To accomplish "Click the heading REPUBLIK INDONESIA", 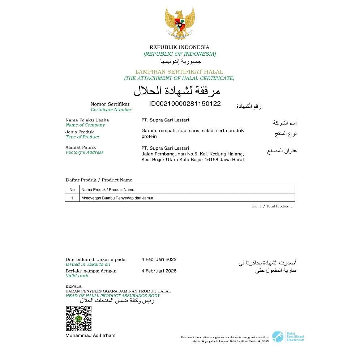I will point(179,47).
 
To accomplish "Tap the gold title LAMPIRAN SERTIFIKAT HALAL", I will point(179,72).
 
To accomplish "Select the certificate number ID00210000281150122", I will point(185,104).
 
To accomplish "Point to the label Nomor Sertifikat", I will point(110,104).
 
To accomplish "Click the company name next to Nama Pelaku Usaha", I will point(165,120).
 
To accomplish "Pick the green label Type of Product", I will point(82,137).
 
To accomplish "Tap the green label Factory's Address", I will point(85,153).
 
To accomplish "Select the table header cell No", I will point(72,189).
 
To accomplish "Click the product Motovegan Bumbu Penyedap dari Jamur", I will point(117,198).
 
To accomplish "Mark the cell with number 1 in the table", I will point(72,198).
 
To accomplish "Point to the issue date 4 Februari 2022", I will point(159,259).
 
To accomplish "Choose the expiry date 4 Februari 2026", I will point(159,271).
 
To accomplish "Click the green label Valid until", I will point(77,276).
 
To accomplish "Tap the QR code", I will point(78,318).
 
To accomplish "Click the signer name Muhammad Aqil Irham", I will point(90,335).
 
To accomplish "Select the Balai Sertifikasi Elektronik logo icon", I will point(277,336).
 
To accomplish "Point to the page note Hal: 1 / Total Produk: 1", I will point(272,206).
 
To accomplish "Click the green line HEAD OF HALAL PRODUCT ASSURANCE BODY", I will point(113,296).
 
